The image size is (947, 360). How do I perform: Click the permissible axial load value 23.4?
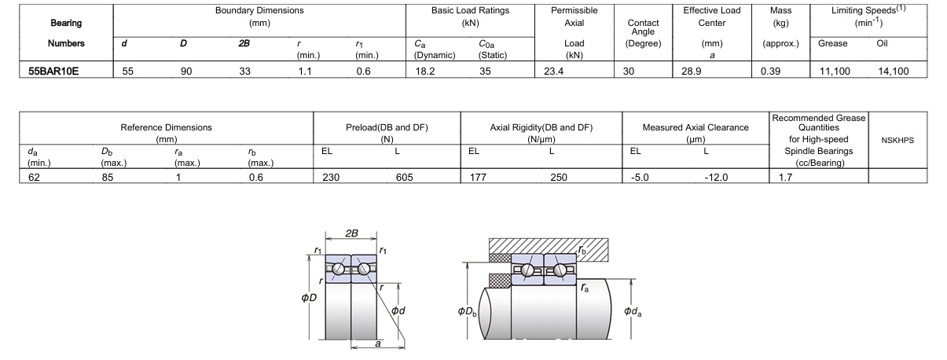tap(549, 71)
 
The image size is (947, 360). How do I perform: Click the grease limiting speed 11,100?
tap(835, 71)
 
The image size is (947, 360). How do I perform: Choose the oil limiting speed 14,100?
tap(893, 71)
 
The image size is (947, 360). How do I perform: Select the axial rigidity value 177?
tap(477, 178)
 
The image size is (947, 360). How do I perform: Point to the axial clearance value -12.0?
tap(718, 178)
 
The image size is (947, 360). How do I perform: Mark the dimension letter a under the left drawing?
tap(377, 343)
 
